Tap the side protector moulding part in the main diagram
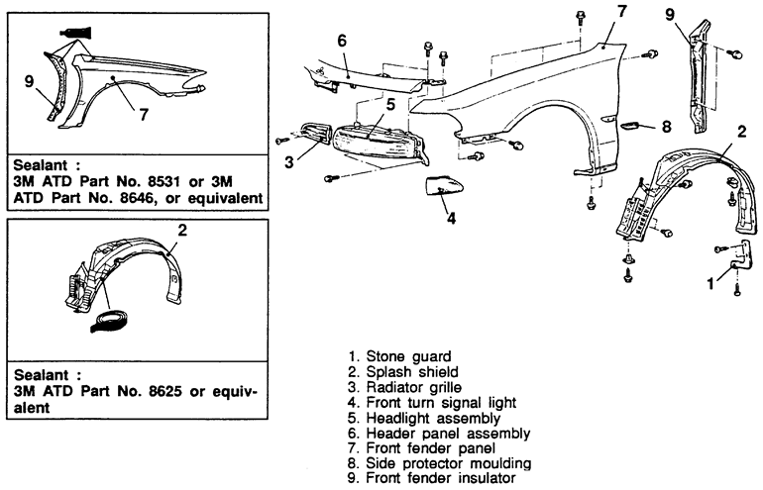tap(633, 126)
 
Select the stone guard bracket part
tap(735, 262)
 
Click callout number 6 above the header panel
tap(341, 42)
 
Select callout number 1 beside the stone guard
tap(709, 283)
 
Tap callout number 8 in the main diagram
tap(666, 127)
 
